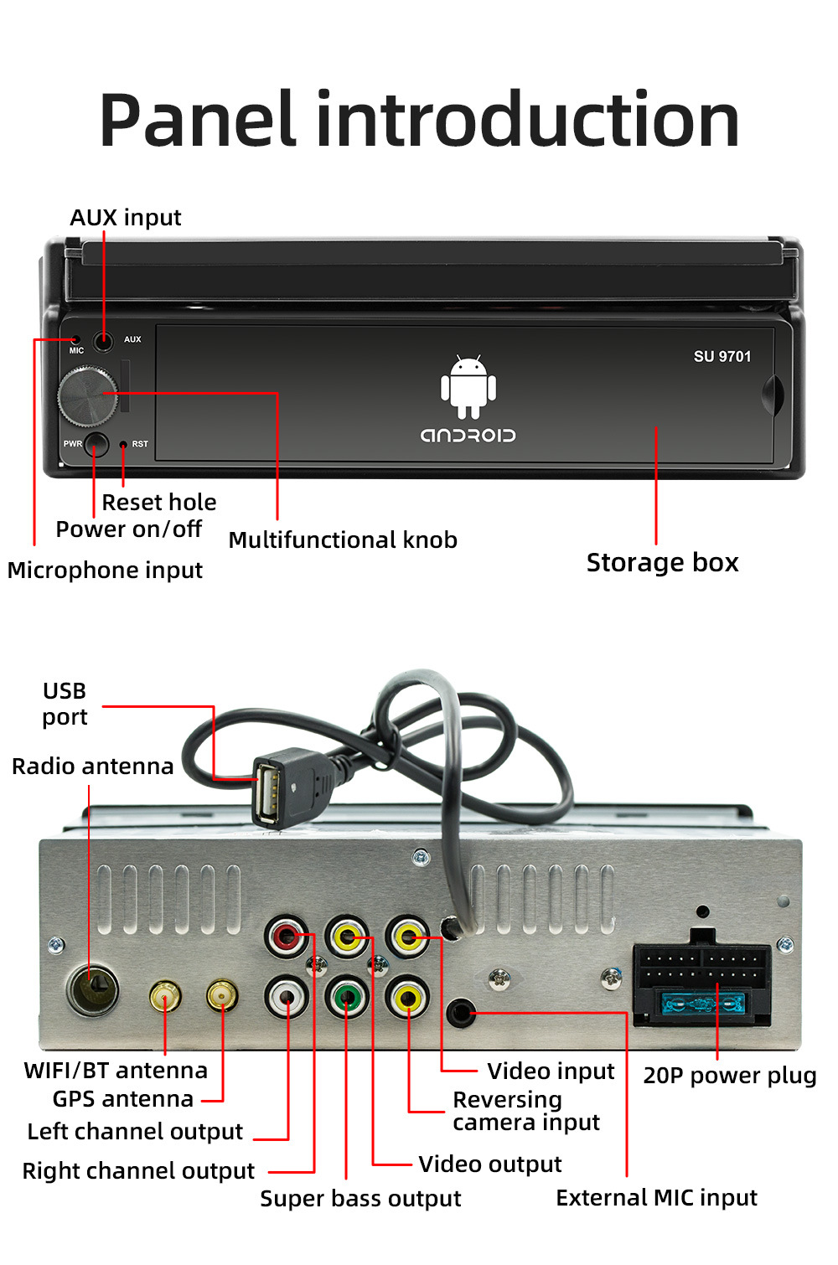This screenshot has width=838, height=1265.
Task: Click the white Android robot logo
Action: click(x=468, y=386)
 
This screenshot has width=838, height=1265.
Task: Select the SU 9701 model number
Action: click(x=722, y=356)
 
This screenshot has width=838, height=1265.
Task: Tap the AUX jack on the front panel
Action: click(x=104, y=341)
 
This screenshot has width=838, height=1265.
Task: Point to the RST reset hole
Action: click(x=123, y=444)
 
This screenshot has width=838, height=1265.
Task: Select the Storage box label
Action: click(x=662, y=562)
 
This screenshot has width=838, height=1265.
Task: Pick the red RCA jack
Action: click(x=287, y=936)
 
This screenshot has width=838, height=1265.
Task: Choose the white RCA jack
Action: click(x=287, y=997)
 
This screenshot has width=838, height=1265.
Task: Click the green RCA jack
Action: click(x=346, y=997)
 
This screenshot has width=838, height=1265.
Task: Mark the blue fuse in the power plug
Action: click(x=702, y=1003)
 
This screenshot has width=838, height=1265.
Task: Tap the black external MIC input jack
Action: click(x=460, y=1013)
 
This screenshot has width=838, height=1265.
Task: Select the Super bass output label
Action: click(x=360, y=1198)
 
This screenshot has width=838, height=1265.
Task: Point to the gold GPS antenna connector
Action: click(x=222, y=995)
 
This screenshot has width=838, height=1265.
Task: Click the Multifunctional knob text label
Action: click(x=343, y=540)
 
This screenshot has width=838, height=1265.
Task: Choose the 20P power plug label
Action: click(x=729, y=1075)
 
